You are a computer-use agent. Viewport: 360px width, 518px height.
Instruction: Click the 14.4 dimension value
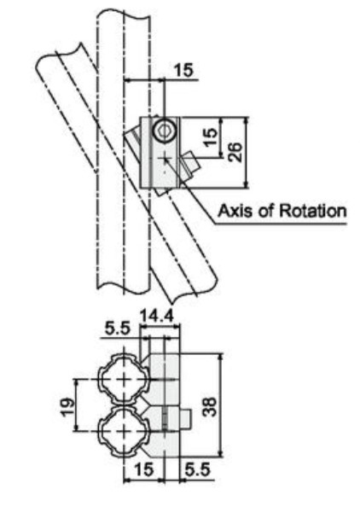pos(157,316)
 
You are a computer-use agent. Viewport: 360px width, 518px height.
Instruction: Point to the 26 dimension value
pos(235,152)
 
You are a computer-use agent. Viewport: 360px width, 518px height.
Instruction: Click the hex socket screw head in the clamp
pos(165,131)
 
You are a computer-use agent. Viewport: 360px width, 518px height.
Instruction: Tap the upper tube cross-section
pos(125,380)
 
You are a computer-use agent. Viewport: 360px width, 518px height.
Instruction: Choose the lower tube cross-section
pos(125,431)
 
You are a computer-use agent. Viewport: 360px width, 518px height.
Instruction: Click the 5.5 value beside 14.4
pos(118,329)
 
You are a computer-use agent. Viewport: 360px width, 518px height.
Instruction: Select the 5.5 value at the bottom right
pos(198,469)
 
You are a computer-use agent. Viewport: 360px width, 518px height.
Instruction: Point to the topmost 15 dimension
pos(184,70)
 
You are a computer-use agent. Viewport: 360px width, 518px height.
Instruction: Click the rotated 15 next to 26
pos(211,137)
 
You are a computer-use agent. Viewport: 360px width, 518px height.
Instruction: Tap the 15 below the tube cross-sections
pos(144,469)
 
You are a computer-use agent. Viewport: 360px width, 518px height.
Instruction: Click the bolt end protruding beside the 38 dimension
pos(185,418)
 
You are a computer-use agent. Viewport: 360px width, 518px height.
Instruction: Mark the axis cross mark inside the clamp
pos(164,159)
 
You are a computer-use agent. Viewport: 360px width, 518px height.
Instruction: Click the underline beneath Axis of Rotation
pos(281,224)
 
